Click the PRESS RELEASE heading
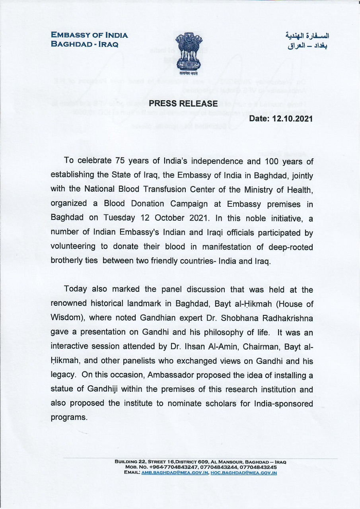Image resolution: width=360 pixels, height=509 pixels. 183,104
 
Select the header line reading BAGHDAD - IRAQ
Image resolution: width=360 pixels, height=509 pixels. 84,44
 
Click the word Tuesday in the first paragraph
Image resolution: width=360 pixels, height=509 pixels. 119,218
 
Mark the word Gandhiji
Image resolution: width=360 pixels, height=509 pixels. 109,390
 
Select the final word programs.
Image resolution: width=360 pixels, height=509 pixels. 69,418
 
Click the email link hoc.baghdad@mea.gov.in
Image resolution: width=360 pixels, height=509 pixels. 244,473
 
